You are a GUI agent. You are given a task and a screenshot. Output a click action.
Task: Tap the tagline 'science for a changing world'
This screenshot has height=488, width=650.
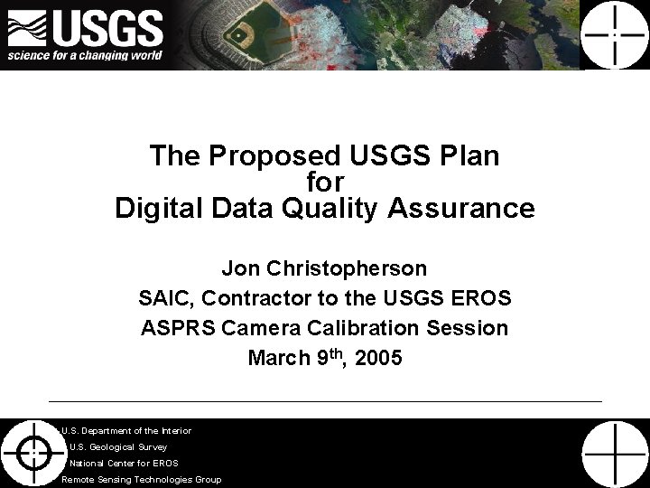(x=85, y=55)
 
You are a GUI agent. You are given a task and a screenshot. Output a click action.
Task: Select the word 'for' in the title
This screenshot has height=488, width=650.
(x=324, y=183)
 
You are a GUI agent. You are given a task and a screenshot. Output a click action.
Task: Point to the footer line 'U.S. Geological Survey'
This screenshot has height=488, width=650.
(x=117, y=446)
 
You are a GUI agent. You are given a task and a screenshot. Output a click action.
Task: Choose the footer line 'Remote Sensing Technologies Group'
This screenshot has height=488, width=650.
(x=141, y=479)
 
